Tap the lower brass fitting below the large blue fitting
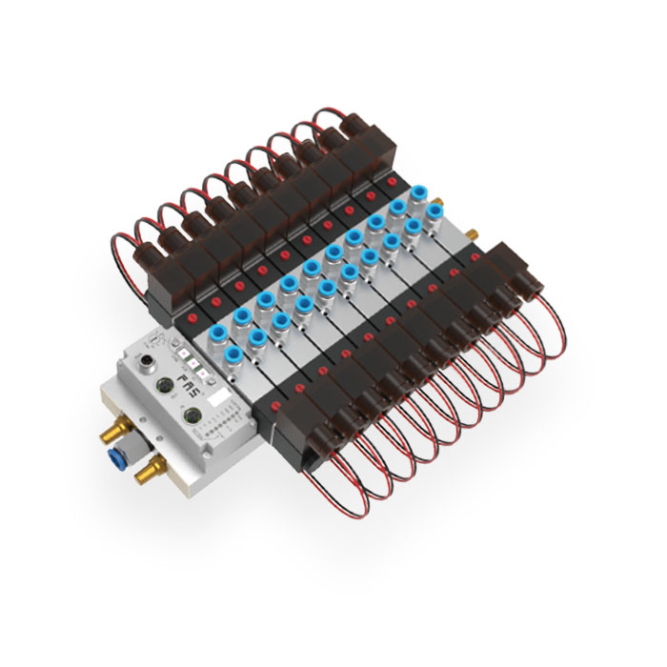click(x=144, y=468)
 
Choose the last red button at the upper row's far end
click(x=392, y=180)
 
